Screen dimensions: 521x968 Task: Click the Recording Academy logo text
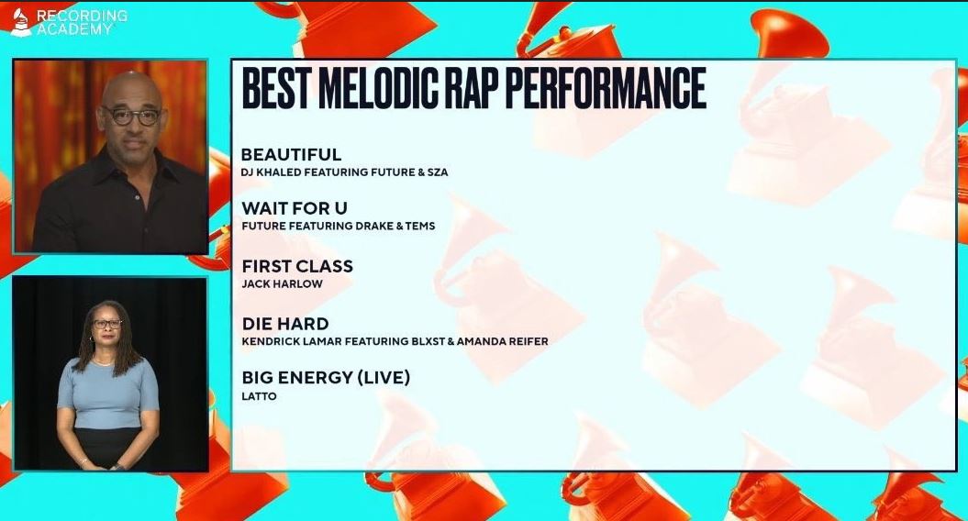82,22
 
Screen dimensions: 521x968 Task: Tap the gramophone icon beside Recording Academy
20,22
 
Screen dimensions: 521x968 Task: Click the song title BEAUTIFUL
291,154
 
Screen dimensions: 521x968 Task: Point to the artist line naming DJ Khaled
344,172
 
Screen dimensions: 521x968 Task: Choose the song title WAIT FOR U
295,208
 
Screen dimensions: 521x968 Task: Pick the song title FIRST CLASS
297,266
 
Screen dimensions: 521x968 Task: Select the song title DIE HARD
285,324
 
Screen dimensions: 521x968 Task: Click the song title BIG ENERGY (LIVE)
326,377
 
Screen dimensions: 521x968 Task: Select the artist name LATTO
259,395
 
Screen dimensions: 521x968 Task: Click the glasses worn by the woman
106,324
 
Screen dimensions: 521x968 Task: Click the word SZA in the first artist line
436,172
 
